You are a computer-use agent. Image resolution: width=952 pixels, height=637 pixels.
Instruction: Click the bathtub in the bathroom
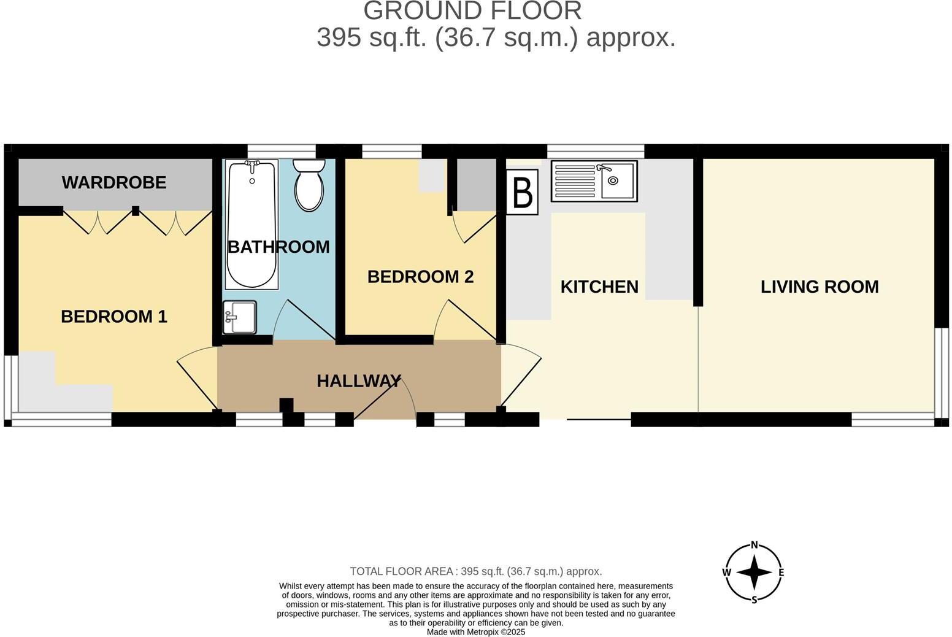click(x=251, y=224)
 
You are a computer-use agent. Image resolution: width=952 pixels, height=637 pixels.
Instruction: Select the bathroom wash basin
click(x=239, y=317)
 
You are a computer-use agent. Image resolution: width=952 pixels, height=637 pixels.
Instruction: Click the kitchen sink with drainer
click(x=594, y=181)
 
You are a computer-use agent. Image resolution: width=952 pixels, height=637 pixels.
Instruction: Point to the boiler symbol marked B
click(x=522, y=192)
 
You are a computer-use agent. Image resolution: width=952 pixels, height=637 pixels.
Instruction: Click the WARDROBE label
click(x=114, y=183)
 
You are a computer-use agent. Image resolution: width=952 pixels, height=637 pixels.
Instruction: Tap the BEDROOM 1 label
click(x=114, y=317)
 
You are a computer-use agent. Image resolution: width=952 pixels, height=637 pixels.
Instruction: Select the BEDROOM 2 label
click(x=420, y=277)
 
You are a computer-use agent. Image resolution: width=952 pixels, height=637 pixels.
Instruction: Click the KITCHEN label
click(x=599, y=287)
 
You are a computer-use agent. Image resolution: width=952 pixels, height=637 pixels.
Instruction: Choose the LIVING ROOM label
click(x=820, y=287)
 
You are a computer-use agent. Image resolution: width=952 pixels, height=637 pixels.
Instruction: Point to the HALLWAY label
click(x=359, y=381)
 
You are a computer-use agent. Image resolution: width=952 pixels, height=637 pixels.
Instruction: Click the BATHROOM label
click(x=278, y=247)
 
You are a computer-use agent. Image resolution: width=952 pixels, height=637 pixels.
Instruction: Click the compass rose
click(x=754, y=573)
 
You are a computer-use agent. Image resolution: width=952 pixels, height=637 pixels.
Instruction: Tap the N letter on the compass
click(x=754, y=544)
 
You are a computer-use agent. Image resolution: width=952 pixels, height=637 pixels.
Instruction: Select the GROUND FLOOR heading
click(x=472, y=11)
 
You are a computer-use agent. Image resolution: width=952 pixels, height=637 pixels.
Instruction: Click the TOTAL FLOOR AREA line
click(x=475, y=571)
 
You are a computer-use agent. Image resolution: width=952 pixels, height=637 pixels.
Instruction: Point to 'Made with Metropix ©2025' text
click(x=475, y=632)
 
